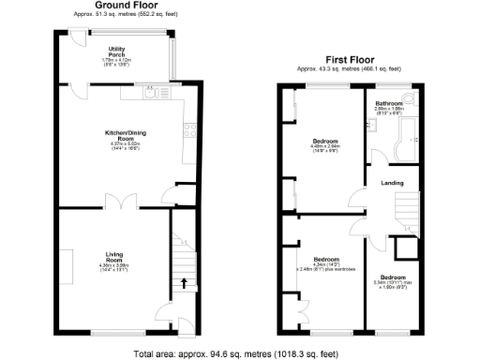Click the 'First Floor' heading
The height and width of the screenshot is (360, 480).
coord(350,57)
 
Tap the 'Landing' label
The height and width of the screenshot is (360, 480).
coord(393,183)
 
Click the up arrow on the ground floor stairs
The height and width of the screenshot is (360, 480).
coord(184,281)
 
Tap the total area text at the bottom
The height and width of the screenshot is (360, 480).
coord(239,354)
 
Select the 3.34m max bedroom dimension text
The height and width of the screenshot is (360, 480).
coord(392,282)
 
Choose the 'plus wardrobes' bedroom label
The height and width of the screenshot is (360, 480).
coord(325,269)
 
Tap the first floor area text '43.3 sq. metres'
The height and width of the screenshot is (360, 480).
coord(350,68)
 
